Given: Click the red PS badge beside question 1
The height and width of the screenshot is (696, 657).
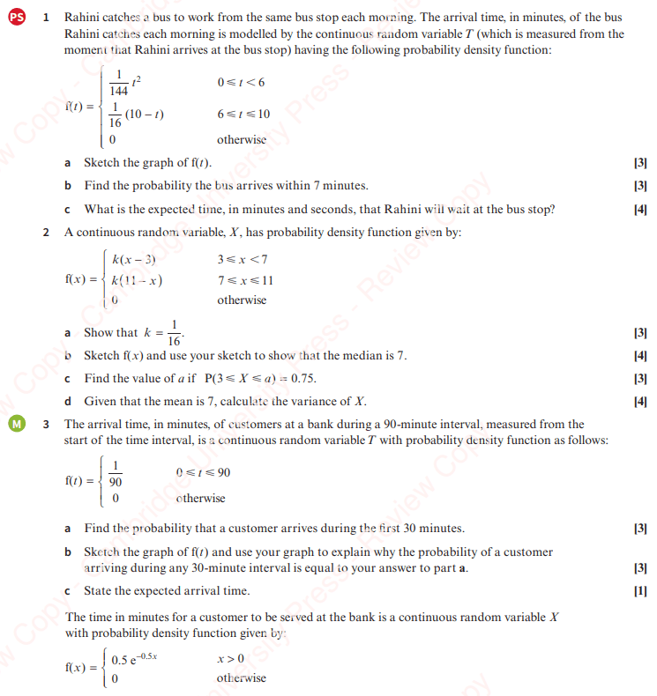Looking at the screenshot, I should click(x=15, y=18).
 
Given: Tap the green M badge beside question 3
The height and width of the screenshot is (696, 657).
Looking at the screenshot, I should click(x=15, y=424).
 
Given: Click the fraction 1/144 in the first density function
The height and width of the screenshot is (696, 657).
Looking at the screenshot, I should click(x=118, y=83).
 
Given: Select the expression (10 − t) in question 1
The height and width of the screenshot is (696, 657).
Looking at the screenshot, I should click(x=146, y=115).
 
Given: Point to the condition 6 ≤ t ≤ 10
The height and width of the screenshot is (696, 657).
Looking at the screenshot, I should click(x=243, y=115).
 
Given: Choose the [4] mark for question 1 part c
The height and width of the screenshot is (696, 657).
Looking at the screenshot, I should click(x=640, y=210).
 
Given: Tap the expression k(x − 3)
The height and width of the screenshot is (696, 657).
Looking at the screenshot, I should click(x=134, y=259).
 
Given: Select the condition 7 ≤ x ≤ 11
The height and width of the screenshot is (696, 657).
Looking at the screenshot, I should click(x=245, y=280).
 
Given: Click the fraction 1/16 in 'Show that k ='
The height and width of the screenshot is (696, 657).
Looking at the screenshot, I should click(x=175, y=333).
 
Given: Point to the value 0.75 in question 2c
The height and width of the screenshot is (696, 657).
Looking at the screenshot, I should click(x=302, y=379).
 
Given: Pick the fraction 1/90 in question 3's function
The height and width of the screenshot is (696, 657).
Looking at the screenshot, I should click(x=116, y=474).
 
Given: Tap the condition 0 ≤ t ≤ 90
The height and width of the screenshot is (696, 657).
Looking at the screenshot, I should click(x=204, y=472).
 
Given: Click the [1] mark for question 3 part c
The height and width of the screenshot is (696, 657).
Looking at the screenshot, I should click(x=640, y=590).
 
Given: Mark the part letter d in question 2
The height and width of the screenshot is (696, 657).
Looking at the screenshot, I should click(x=68, y=402).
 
